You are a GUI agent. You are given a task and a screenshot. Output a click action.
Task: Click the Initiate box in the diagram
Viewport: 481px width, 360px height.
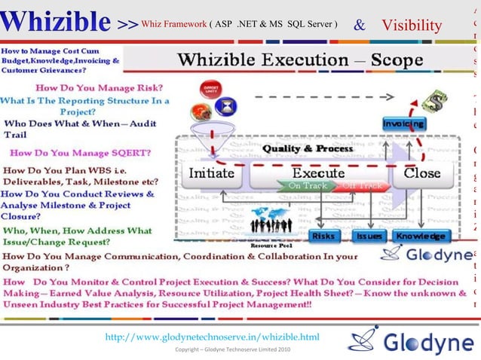tap(211, 172)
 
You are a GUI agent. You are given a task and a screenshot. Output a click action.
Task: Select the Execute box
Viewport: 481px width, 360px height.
tap(317, 172)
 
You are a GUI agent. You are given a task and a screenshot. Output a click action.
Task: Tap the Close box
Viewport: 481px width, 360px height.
tap(422, 172)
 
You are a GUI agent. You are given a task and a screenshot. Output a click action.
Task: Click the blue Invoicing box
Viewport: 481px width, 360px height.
tap(403, 123)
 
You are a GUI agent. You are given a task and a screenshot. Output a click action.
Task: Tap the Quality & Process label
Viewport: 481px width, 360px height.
tap(307, 148)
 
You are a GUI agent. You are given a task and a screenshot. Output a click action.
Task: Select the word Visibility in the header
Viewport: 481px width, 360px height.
tap(412, 26)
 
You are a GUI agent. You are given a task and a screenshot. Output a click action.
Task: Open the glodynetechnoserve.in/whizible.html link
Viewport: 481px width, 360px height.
tap(213, 336)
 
